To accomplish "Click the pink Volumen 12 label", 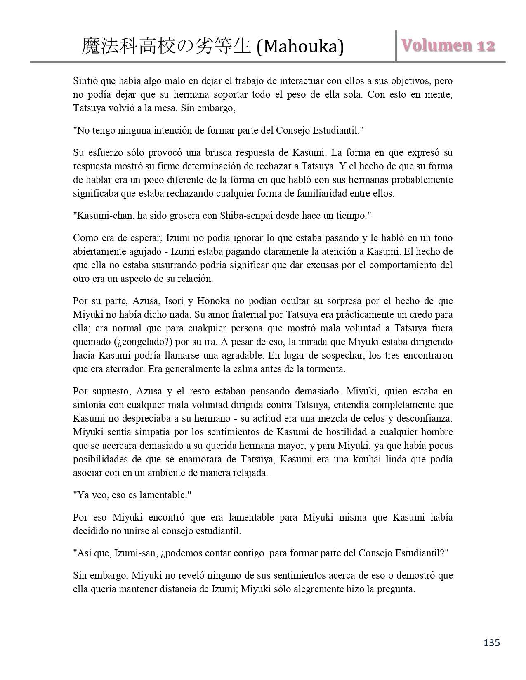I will [x=448, y=45].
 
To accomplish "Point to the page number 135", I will [x=491, y=642].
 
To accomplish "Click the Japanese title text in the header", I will [x=166, y=47].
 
